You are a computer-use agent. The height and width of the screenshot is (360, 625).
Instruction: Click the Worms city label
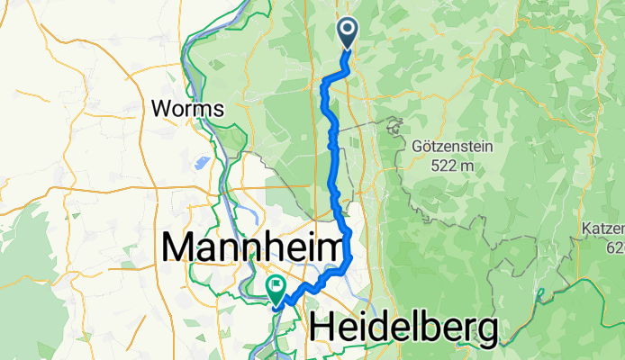tap(187, 109)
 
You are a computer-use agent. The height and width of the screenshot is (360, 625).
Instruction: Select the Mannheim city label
tap(251, 246)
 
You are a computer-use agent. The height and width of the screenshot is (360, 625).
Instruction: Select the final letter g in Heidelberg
tap(485, 332)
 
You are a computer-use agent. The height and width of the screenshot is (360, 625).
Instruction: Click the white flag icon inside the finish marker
tap(274, 287)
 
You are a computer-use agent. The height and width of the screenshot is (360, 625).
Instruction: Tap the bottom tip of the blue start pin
tap(348, 46)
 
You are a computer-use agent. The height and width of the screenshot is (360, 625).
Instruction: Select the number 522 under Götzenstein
tap(436, 166)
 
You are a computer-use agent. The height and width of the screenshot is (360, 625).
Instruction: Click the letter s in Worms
tap(218, 109)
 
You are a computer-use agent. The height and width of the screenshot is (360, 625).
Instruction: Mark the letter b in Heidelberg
tap(426, 328)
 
